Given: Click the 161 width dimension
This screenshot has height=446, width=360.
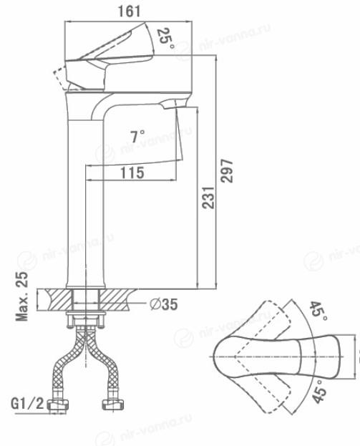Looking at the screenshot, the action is click(129, 11).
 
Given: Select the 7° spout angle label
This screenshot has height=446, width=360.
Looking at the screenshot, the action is click(137, 136).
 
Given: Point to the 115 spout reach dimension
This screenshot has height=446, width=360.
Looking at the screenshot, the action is click(132, 173).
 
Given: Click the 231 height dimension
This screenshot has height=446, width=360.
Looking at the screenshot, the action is click(208, 198).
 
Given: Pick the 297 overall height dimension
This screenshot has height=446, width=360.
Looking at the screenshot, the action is click(227, 170).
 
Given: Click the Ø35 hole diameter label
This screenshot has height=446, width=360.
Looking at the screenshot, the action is click(164, 304).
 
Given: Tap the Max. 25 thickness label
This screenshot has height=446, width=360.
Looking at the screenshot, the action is click(22, 296).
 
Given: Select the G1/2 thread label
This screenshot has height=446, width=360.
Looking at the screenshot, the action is click(28, 403).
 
